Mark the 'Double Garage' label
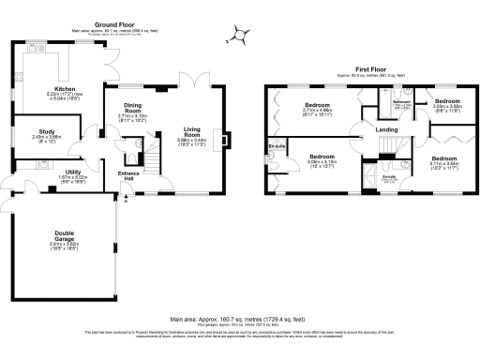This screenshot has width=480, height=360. click(65, 237)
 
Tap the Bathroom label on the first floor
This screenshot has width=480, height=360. click(397, 101)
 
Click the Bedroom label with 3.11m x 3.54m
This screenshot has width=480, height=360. click(443, 159)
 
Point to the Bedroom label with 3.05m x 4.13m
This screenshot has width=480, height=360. click(323, 156)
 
